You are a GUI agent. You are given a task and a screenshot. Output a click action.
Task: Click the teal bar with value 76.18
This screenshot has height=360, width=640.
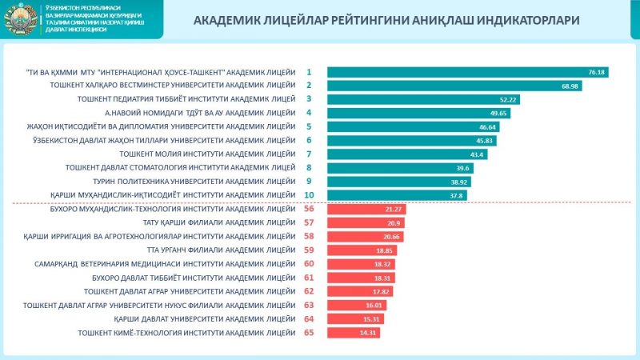[x=468, y=72]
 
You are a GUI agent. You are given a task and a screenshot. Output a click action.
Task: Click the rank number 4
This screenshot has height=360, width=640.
[x=309, y=113]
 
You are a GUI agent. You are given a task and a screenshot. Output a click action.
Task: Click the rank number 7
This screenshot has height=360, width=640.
[x=309, y=154]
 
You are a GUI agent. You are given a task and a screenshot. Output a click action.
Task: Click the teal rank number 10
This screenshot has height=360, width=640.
[x=309, y=194]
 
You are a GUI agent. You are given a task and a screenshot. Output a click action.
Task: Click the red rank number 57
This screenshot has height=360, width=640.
[x=309, y=222]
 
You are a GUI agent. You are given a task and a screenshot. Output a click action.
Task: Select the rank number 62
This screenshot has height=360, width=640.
[x=309, y=291]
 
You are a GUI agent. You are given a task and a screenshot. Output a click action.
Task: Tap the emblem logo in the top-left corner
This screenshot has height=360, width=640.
[x=18, y=19]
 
